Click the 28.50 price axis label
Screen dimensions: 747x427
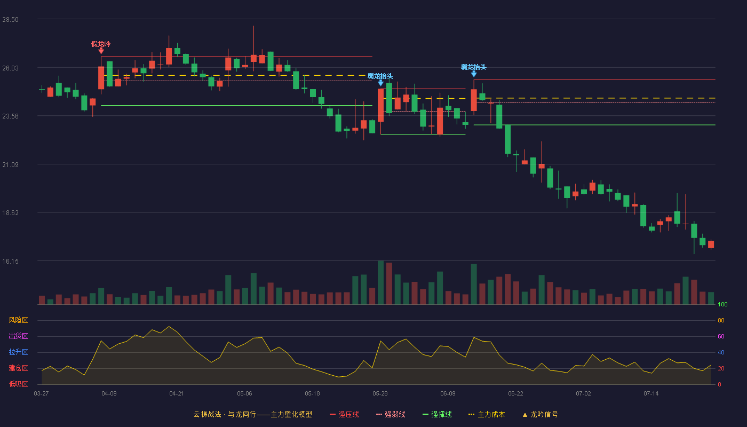(10, 20)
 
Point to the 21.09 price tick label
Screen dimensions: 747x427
(10, 165)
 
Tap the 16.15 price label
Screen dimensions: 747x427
(10, 262)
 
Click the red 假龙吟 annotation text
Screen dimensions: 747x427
(101, 44)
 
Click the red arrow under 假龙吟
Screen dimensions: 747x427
(101, 51)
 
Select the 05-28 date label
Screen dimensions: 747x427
(380, 394)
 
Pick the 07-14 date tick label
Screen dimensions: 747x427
(651, 394)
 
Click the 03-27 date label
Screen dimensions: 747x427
(42, 394)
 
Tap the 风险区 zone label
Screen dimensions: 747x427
(18, 320)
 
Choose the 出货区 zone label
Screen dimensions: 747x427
(18, 336)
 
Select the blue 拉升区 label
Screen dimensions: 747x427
(18, 352)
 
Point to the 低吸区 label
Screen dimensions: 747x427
(18, 384)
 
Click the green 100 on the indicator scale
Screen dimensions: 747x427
(722, 304)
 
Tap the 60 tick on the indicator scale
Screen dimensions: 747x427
(721, 336)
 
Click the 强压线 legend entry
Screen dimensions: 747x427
(344, 414)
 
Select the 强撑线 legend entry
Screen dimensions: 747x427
(437, 414)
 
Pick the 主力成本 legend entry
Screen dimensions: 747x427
(487, 414)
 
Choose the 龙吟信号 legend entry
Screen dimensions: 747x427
(540, 414)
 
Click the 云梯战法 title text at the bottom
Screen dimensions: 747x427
(208, 414)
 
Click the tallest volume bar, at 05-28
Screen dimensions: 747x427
(380, 282)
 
